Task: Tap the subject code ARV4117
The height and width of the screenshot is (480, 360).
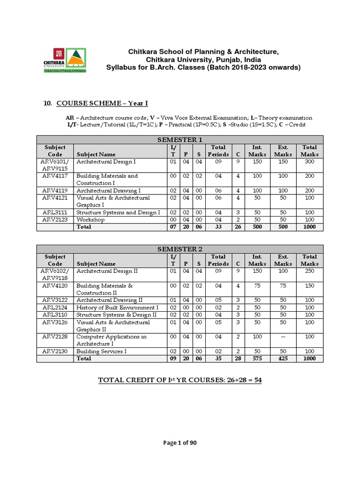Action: [x=55, y=176]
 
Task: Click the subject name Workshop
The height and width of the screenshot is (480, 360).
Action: [x=90, y=219]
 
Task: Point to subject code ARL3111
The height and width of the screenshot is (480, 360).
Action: [x=55, y=212]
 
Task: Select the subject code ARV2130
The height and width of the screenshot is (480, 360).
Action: [x=55, y=351]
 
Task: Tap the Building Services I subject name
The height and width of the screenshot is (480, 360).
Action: [x=101, y=351]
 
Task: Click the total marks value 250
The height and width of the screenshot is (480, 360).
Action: [x=309, y=271]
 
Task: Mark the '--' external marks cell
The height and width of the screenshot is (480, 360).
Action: [x=283, y=337]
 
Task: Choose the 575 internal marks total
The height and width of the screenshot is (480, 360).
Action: [x=257, y=358]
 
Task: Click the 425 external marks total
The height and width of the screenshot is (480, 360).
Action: [x=283, y=358]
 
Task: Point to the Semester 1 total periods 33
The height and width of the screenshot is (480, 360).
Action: [x=218, y=227]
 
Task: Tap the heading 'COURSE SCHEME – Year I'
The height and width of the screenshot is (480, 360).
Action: [x=102, y=103]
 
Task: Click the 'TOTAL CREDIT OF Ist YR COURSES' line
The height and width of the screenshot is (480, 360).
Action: [x=180, y=380]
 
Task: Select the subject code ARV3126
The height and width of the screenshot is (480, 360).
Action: [x=55, y=322]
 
